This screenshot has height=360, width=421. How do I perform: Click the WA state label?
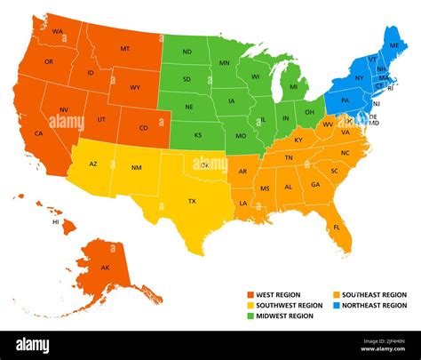coord(57,32)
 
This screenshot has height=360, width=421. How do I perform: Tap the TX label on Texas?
coord(191,202)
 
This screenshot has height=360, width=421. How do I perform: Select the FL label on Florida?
coord(337,227)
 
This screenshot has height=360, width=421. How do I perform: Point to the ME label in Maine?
coord(393,44)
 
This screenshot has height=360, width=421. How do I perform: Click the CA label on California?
coord(39,133)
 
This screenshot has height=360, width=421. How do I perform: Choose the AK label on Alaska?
coord(105,268)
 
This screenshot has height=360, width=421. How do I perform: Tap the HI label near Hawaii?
coord(56,222)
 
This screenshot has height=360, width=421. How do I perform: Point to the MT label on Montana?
coord(124,48)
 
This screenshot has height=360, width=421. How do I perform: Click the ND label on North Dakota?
coord(187,52)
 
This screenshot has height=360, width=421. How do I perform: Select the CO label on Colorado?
coord(144,127)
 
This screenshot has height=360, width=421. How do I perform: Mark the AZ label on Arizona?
coord(93,164)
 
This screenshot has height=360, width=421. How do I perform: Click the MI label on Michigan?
coord(293,87)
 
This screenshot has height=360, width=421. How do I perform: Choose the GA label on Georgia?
coord(315,184)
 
